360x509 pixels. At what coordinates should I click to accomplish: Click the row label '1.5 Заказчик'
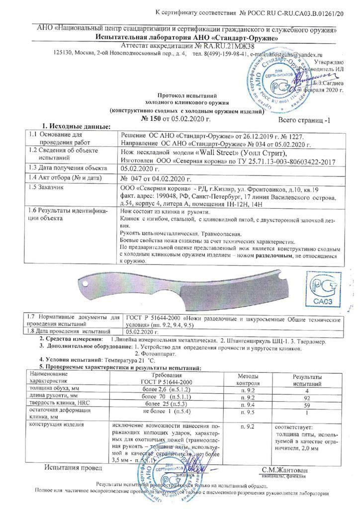point(49,188)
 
